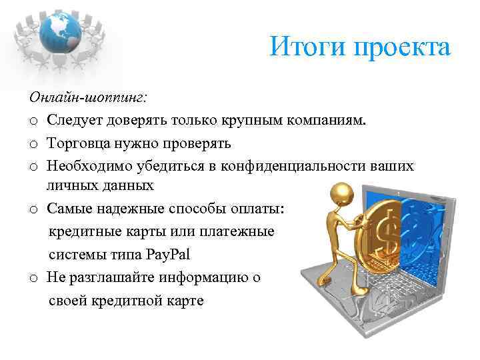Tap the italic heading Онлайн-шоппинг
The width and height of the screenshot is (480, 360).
89,97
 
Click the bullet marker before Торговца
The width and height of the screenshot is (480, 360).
33,144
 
